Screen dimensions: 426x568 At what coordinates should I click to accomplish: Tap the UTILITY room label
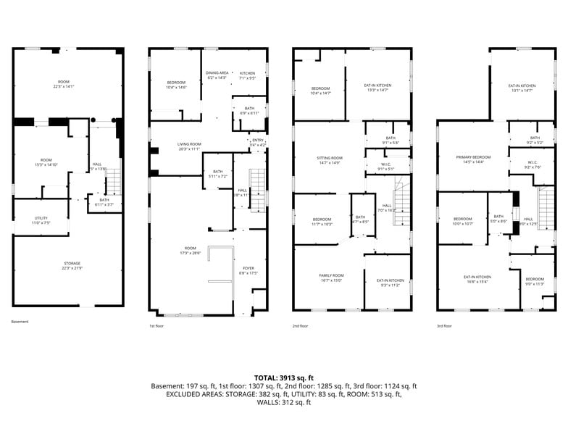41,218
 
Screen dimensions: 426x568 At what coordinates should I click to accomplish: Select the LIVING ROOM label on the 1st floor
189,144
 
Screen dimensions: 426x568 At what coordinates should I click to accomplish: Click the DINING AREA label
217,73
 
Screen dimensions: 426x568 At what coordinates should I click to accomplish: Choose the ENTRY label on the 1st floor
257,141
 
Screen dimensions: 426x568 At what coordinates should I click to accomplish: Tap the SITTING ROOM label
329,158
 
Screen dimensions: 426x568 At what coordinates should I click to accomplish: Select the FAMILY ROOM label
331,275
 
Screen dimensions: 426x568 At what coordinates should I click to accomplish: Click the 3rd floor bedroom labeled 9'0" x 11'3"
535,280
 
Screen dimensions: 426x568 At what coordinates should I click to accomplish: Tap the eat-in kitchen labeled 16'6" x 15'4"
477,277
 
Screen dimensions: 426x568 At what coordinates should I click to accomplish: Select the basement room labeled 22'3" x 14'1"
64,81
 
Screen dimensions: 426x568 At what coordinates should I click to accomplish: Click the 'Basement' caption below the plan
20,322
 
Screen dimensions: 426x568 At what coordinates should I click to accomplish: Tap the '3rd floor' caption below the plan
446,327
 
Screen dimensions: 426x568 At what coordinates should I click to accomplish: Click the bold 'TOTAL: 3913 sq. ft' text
283,377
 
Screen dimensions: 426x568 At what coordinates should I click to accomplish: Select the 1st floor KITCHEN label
248,73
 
